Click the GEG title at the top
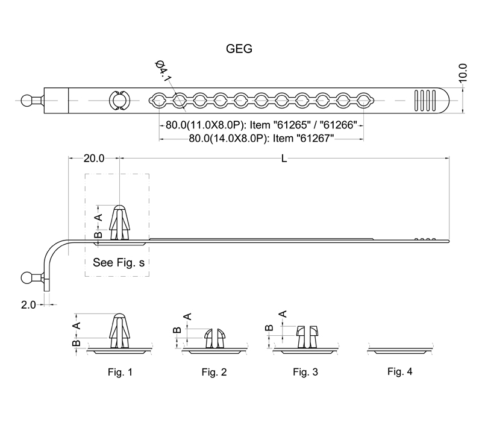pyautogui.click(x=239, y=49)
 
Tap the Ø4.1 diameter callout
pyautogui.click(x=163, y=71)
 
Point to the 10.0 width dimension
pyautogui.click(x=463, y=73)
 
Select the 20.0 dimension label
pyautogui.click(x=94, y=159)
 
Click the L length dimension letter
pyautogui.click(x=284, y=159)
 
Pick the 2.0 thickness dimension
pyautogui.click(x=28, y=305)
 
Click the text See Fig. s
pyautogui.click(x=119, y=262)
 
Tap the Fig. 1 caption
pyautogui.click(x=120, y=372)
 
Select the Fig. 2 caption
pyautogui.click(x=214, y=372)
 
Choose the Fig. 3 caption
pyautogui.click(x=305, y=372)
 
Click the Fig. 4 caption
pyautogui.click(x=399, y=371)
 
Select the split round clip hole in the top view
pyautogui.click(x=119, y=101)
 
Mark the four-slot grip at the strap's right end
pyautogui.click(x=425, y=100)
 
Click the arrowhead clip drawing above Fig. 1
pyautogui.click(x=119, y=330)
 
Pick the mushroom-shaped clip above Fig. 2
pyautogui.click(x=215, y=338)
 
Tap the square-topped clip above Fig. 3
pyautogui.click(x=307, y=337)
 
